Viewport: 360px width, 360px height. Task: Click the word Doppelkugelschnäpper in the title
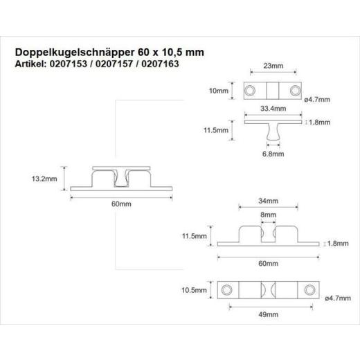pyautogui.click(x=75, y=53)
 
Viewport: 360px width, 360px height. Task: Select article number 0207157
pyautogui.click(x=114, y=64)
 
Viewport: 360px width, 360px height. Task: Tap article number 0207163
pyautogui.click(x=160, y=64)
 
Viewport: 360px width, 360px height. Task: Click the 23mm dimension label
pyautogui.click(x=273, y=66)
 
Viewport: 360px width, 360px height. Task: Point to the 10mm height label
pyautogui.click(x=219, y=91)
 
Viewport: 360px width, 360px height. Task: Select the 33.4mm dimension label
pyautogui.click(x=273, y=108)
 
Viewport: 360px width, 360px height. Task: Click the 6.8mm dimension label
pyautogui.click(x=273, y=154)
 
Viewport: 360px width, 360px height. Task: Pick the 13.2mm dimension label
pyautogui.click(x=44, y=179)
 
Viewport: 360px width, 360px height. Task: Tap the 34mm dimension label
pyautogui.click(x=268, y=201)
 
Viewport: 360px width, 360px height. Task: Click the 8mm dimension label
pyautogui.click(x=269, y=215)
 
